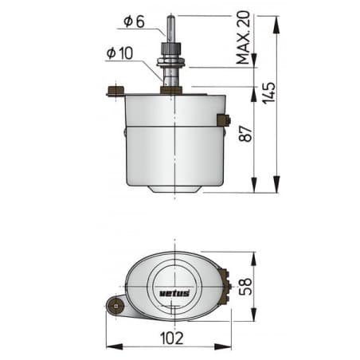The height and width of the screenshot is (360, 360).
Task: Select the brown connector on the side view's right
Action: pyautogui.click(x=223, y=121)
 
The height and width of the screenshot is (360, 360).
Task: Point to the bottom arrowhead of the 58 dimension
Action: pyautogui.click(x=254, y=316)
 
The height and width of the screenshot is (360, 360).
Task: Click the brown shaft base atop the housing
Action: pyautogui.click(x=171, y=90)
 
